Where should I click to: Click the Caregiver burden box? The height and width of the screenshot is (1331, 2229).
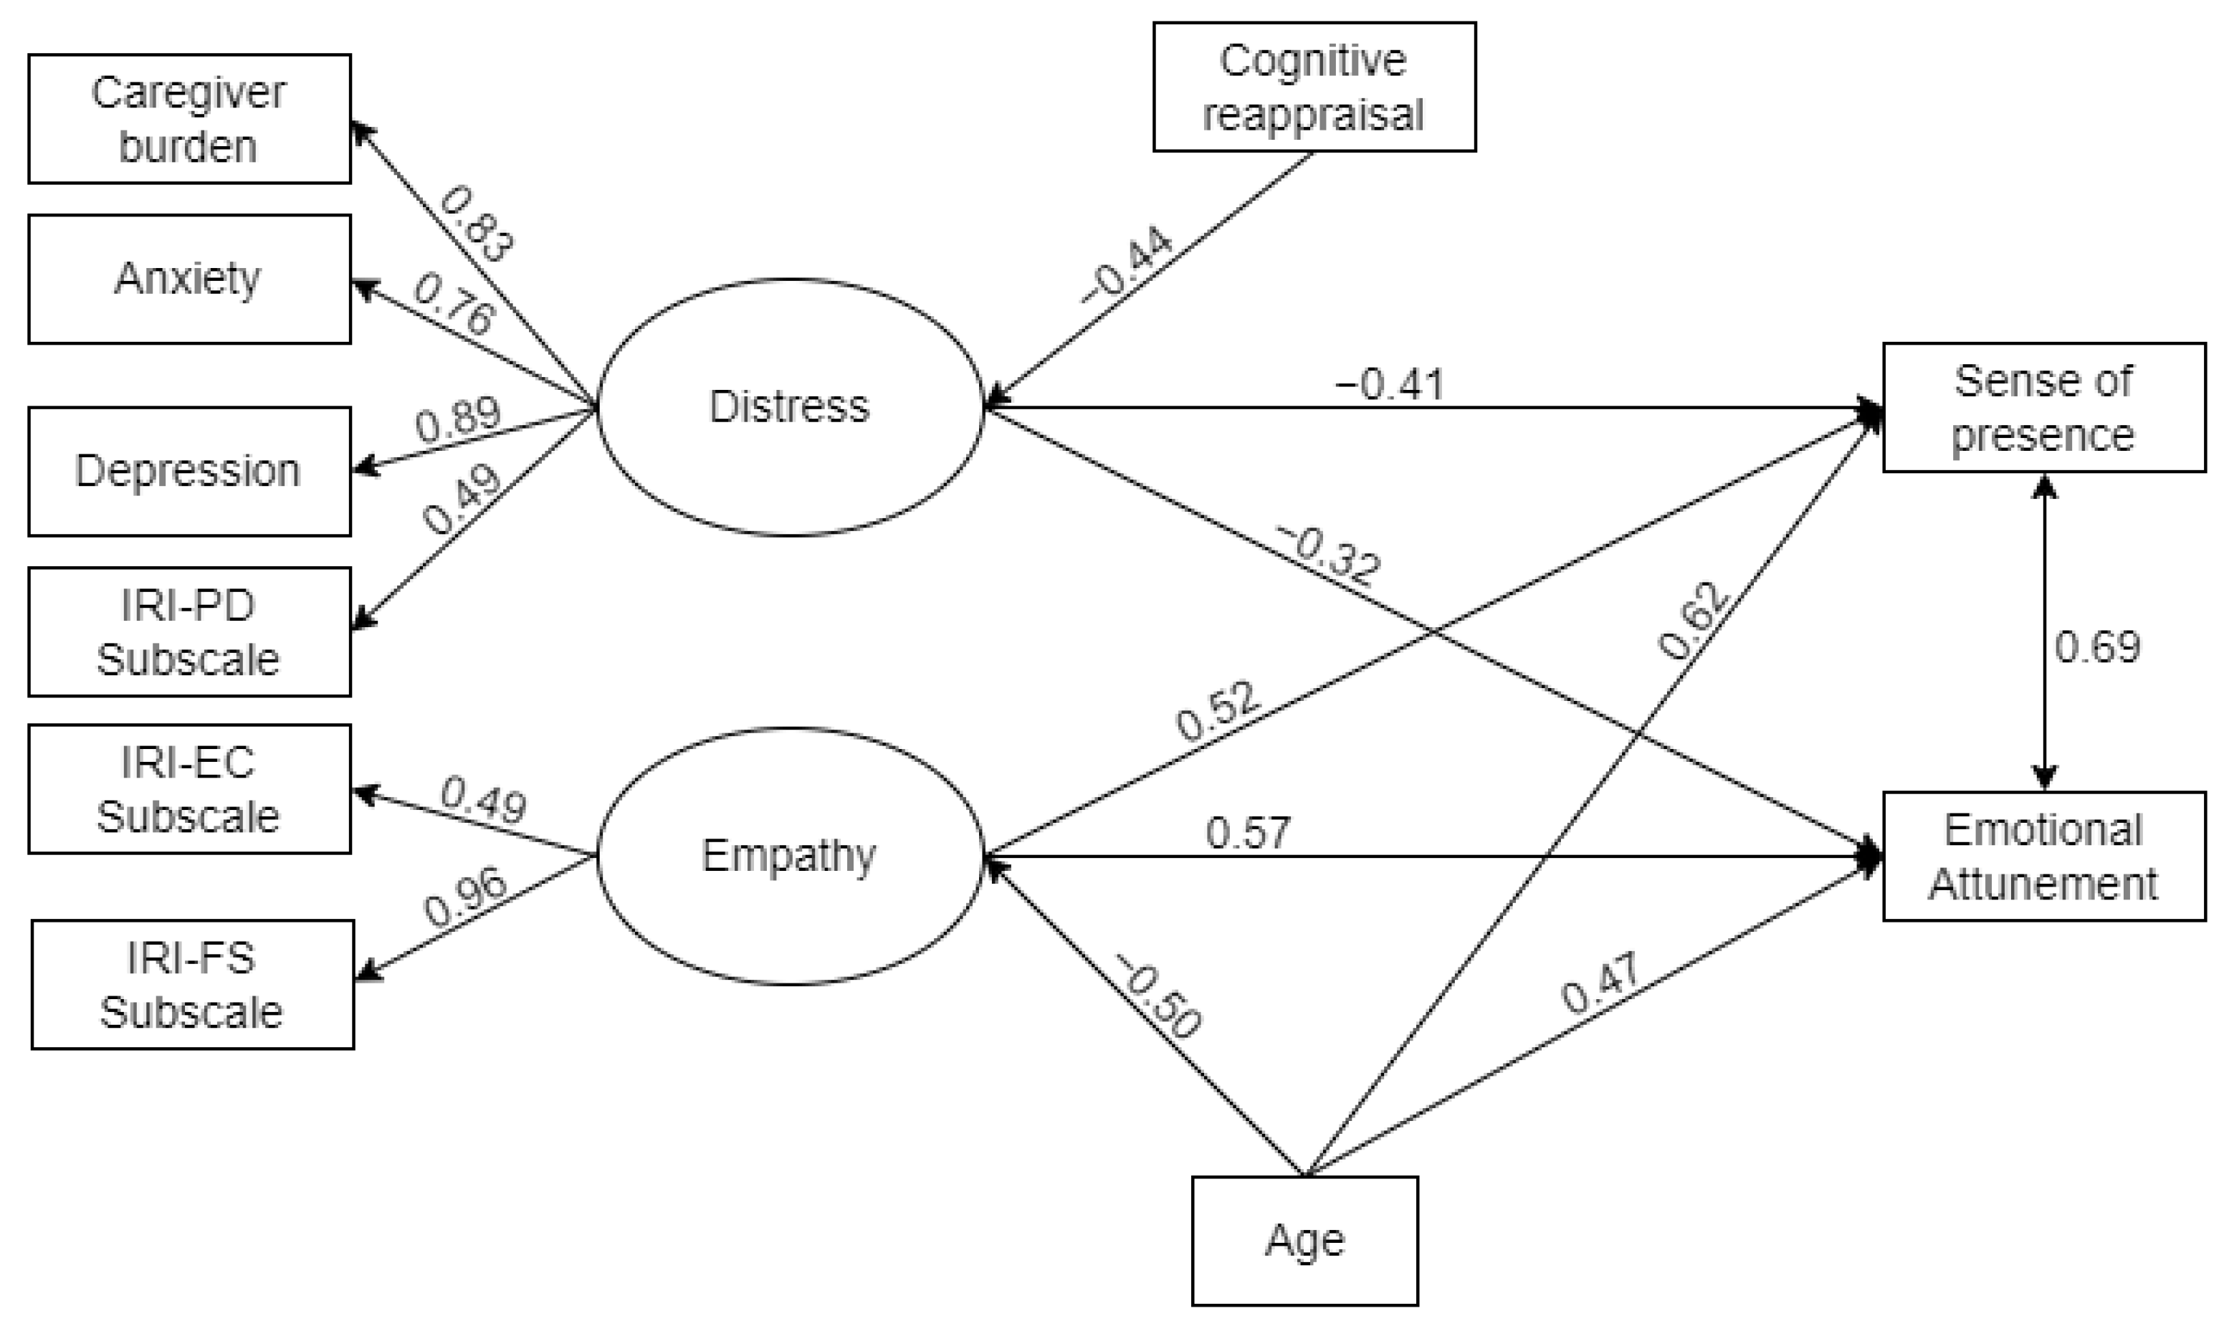[189, 119]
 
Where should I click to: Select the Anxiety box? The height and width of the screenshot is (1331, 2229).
[189, 279]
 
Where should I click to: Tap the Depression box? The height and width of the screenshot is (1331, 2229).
[189, 472]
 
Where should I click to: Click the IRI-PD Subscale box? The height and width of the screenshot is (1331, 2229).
[189, 631]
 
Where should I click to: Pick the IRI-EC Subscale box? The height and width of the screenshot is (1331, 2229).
[189, 789]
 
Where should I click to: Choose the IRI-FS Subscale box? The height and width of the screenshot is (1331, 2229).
[193, 985]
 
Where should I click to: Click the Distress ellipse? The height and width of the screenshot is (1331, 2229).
[790, 407]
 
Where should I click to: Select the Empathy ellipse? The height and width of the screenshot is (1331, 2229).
[790, 856]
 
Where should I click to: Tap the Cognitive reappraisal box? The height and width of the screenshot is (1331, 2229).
[1314, 87]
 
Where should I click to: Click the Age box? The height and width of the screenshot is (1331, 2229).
[1304, 1241]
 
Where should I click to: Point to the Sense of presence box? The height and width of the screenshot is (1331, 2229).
[2043, 407]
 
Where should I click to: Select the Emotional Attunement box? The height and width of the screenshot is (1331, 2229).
[2043, 857]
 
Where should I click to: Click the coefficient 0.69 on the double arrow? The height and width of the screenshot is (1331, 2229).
[2097, 647]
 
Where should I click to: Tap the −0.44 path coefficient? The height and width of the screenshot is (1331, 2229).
[1127, 264]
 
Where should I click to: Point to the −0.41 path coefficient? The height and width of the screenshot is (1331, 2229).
[1390, 385]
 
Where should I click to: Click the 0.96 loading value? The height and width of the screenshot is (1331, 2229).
[464, 899]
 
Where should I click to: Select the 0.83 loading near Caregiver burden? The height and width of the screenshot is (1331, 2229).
[476, 224]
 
